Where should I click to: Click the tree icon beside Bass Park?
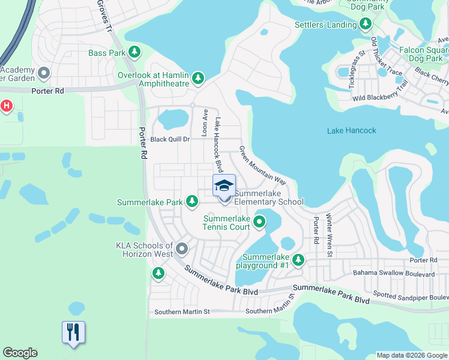[x=136, y=53]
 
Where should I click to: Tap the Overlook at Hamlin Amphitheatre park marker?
[x=198, y=78]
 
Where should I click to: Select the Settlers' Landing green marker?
[x=366, y=25]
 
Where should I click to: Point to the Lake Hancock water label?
[x=352, y=131]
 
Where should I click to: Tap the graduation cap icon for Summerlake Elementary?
[x=224, y=185]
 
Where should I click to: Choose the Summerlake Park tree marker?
[x=192, y=202]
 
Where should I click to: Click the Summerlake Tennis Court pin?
[x=259, y=223]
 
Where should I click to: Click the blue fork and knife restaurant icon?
[x=73, y=332]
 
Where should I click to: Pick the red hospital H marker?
[x=7, y=106]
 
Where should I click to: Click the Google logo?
[x=20, y=353]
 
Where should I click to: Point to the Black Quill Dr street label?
[x=170, y=139]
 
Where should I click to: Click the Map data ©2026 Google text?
[x=412, y=355]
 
